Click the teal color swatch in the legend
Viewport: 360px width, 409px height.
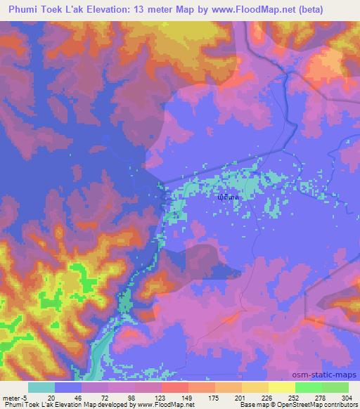coord(41,387)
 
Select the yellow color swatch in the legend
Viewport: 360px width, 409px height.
coord(281,387)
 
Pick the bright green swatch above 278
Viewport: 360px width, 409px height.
coord(308,387)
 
